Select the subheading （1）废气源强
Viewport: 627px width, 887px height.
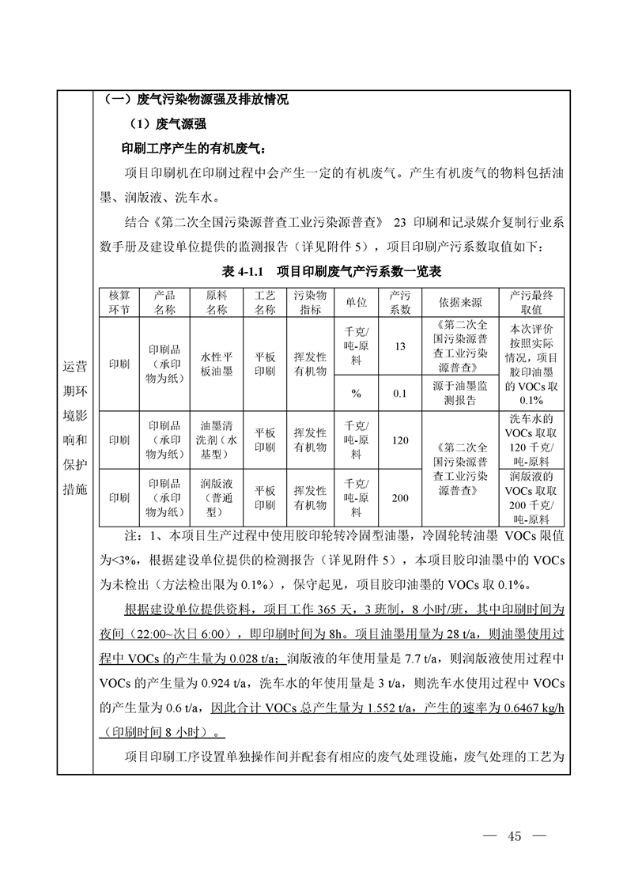click(x=167, y=124)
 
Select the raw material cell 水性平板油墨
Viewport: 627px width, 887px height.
click(x=217, y=364)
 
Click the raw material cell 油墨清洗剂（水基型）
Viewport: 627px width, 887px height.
click(x=217, y=440)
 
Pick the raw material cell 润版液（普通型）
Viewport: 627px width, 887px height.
click(x=217, y=497)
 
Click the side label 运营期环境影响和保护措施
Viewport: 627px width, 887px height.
click(x=75, y=428)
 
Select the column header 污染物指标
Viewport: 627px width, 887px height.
click(x=310, y=302)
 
